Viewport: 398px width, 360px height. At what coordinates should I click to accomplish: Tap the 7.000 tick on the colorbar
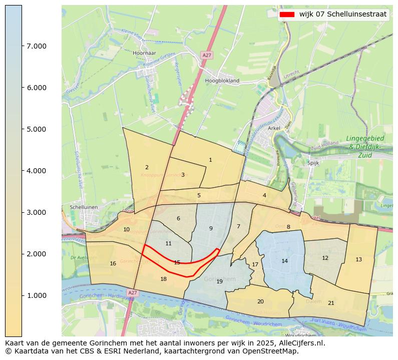[22, 46]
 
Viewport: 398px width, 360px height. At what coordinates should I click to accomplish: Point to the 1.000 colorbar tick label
[37, 295]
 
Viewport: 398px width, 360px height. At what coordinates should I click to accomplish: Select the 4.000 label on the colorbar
[37, 171]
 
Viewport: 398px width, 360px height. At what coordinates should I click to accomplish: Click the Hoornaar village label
[145, 53]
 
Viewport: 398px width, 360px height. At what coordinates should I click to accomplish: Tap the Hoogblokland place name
[222, 80]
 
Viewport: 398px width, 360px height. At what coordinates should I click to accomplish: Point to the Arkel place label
[274, 128]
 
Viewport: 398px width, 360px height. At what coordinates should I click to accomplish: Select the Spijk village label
[313, 163]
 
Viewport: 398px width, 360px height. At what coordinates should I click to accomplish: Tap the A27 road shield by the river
[132, 292]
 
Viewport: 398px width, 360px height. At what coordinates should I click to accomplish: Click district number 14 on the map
[284, 261]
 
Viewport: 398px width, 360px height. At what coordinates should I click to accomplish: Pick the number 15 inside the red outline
[177, 262]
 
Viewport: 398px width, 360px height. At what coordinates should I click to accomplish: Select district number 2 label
[147, 167]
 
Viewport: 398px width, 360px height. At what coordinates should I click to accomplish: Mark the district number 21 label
[331, 303]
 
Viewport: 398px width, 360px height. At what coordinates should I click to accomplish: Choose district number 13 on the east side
[358, 259]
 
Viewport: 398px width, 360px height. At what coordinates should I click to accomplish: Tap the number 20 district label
[260, 301]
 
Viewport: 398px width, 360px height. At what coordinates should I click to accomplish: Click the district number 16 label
[113, 263]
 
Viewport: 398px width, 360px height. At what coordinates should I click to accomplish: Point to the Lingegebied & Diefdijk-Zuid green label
[364, 147]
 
